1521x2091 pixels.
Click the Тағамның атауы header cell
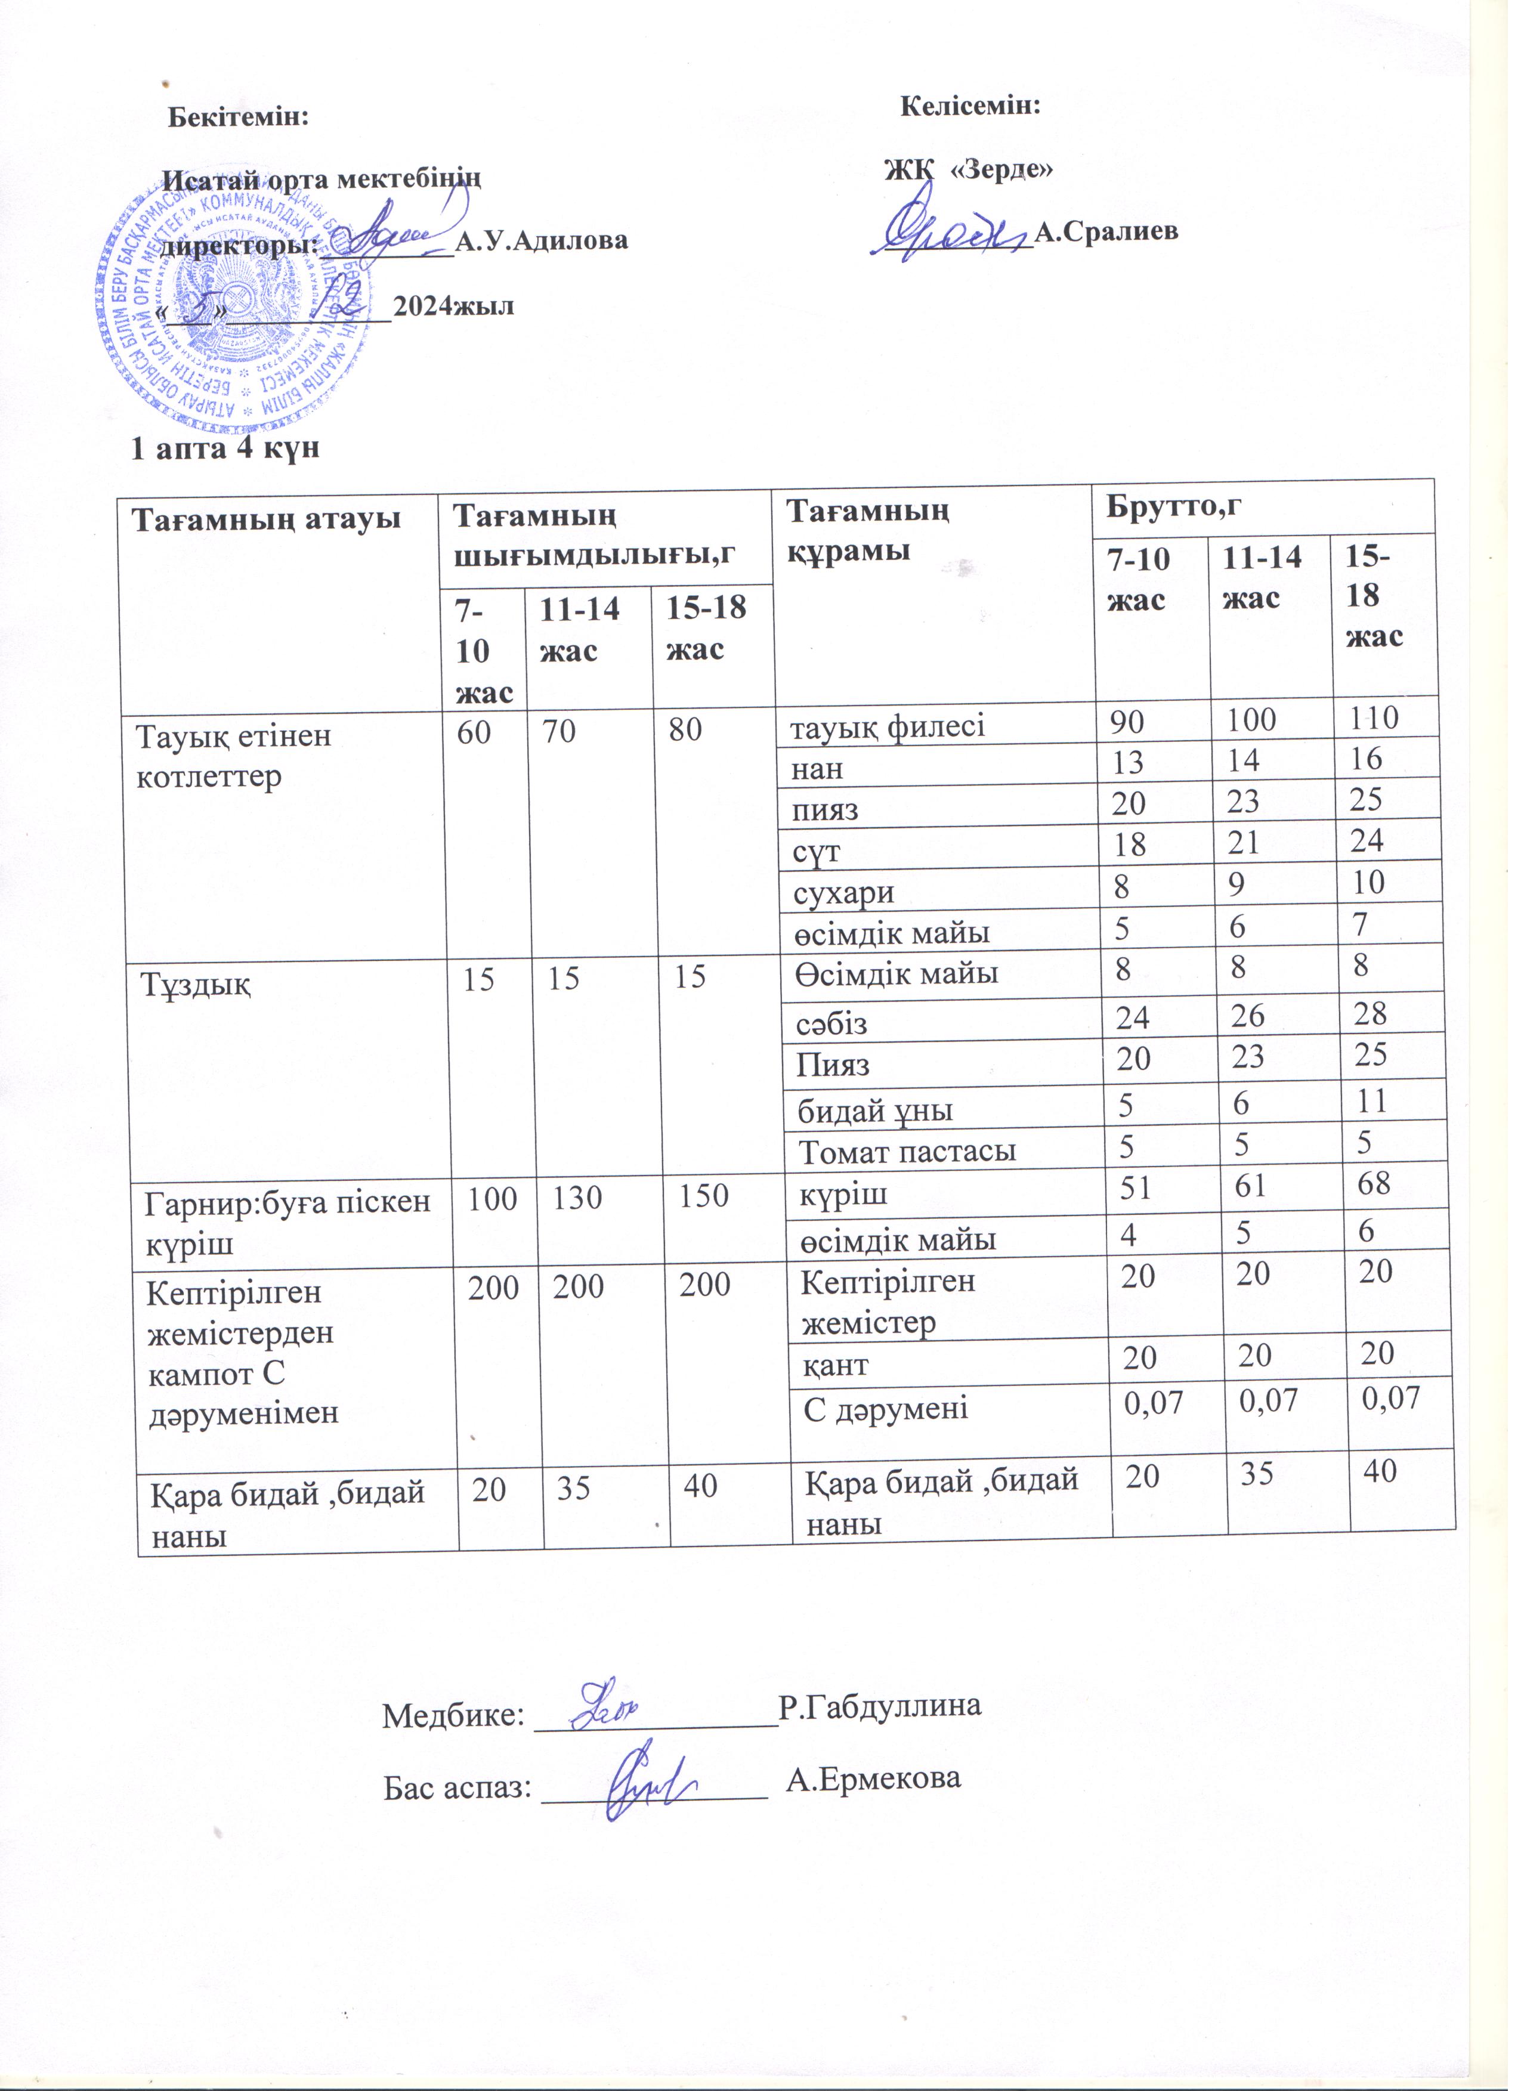point(267,519)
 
